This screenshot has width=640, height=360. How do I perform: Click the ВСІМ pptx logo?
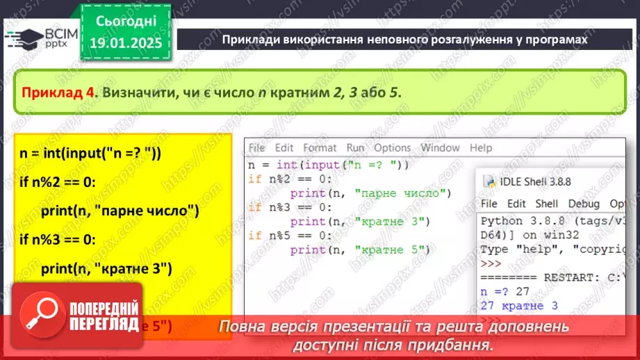tap(42, 38)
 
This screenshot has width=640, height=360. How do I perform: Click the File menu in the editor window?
tap(256, 147)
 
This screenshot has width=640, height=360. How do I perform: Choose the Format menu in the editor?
tap(320, 147)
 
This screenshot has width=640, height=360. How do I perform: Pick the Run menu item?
tap(355, 147)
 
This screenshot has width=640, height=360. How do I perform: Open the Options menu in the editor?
tap(393, 147)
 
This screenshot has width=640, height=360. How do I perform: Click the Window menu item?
tap(440, 147)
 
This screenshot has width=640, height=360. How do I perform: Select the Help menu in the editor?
tap(481, 147)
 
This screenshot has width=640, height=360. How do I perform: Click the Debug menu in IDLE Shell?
tap(584, 204)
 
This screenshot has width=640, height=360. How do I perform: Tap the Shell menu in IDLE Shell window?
tap(546, 204)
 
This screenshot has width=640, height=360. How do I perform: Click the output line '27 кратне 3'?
tap(519, 305)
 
